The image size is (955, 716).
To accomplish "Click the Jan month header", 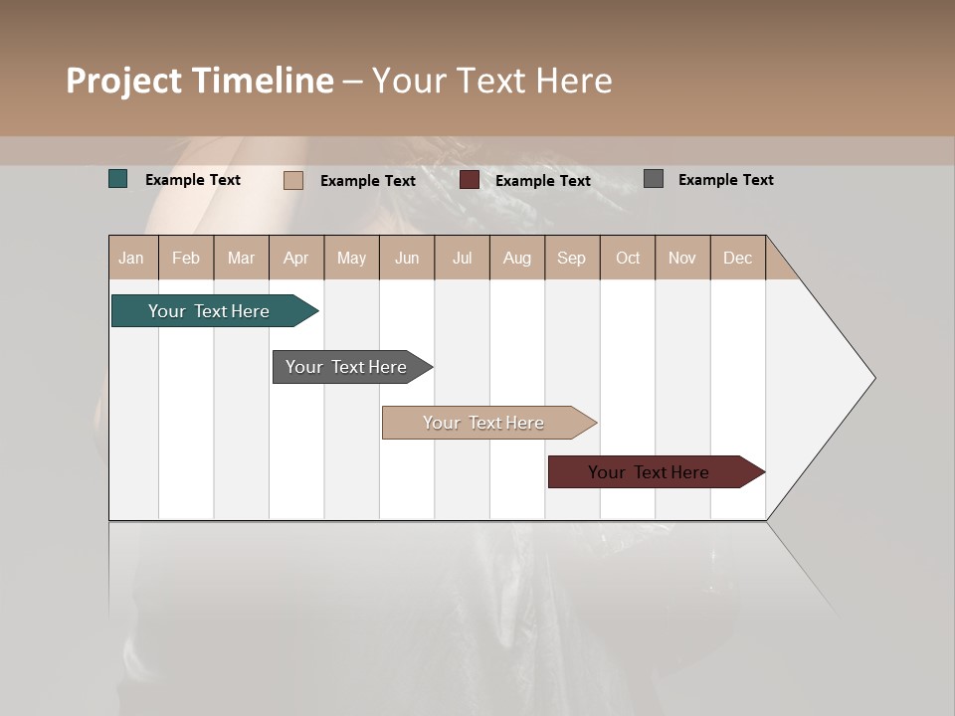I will tap(132, 258).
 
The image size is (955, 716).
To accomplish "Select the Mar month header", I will tap(241, 258).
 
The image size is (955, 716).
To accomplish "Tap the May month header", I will tap(351, 258).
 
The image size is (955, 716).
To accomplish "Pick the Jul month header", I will tap(462, 258).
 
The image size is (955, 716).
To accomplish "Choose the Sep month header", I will tap(571, 258).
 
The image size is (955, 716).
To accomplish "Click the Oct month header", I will tap(628, 258).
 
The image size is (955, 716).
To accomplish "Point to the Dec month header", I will tap(737, 258).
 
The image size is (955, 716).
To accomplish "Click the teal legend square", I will tap(118, 179).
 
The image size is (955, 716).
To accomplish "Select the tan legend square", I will tap(293, 180).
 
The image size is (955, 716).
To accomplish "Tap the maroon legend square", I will tap(470, 180).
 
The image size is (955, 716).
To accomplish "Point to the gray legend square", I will tap(654, 179).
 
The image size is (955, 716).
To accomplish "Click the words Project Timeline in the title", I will tap(200, 81).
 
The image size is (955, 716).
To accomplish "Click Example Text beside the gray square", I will tap(725, 180).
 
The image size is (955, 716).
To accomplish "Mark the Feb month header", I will tap(186, 258).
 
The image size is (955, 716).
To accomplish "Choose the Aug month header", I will tap(516, 258).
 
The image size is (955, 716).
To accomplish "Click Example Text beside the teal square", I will tap(193, 180).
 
